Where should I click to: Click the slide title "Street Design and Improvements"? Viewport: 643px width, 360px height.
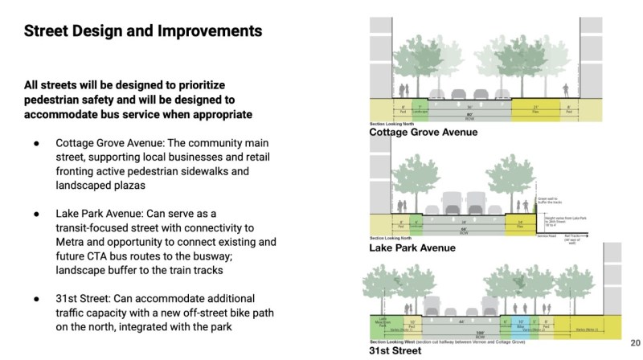point(142,32)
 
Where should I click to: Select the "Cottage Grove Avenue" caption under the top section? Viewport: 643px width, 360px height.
point(423,133)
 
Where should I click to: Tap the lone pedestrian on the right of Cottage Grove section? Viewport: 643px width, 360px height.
point(566,91)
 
